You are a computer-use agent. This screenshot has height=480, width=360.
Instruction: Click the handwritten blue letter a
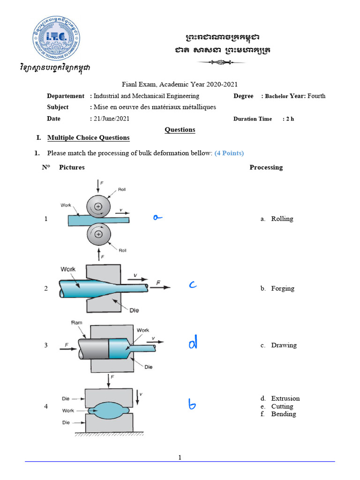point(157,217)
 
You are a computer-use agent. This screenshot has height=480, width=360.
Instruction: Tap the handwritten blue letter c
point(193,285)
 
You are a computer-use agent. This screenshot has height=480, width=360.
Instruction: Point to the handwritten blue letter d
point(193,344)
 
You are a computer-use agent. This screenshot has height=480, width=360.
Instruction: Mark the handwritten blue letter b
point(192,404)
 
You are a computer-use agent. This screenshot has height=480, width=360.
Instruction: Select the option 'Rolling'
point(282,219)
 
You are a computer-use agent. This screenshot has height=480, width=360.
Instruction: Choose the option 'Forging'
point(283,288)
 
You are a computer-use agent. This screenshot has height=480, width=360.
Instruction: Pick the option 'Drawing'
point(284,345)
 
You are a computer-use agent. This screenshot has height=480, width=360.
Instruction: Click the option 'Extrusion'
point(285,398)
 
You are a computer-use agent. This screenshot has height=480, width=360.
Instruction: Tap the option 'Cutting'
point(282,406)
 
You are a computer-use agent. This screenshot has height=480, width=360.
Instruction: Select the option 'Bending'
point(283,414)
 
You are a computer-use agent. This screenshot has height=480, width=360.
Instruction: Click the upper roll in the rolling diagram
point(98,206)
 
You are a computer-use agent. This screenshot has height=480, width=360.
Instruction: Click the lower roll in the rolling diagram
point(98,233)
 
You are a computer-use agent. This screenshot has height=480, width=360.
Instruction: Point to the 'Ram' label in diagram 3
point(76,322)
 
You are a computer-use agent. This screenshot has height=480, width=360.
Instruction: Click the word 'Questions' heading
point(180,130)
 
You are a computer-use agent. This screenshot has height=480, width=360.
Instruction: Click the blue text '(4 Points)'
point(229,153)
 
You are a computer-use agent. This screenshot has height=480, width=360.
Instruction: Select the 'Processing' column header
point(266,167)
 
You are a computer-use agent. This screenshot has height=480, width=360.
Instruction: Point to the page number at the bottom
point(180,457)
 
